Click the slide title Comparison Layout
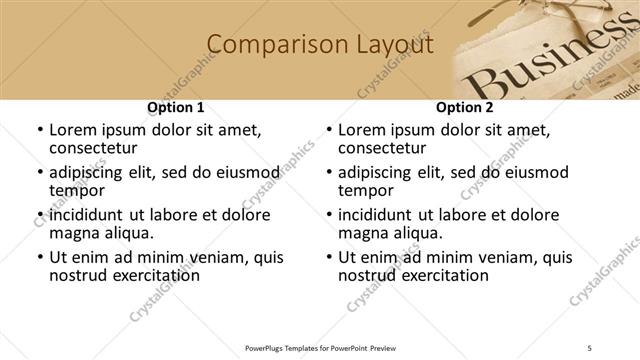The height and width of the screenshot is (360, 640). [x=319, y=45]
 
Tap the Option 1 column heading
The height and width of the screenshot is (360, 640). [x=176, y=107]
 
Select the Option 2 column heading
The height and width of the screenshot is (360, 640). [x=465, y=107]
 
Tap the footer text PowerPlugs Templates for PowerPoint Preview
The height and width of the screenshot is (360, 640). [x=319, y=348]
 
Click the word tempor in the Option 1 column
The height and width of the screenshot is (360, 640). [x=78, y=190]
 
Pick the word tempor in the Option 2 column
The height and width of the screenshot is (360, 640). [x=367, y=190]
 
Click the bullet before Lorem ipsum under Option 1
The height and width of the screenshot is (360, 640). [x=39, y=130]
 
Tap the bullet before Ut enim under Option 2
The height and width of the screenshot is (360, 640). [x=328, y=257]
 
